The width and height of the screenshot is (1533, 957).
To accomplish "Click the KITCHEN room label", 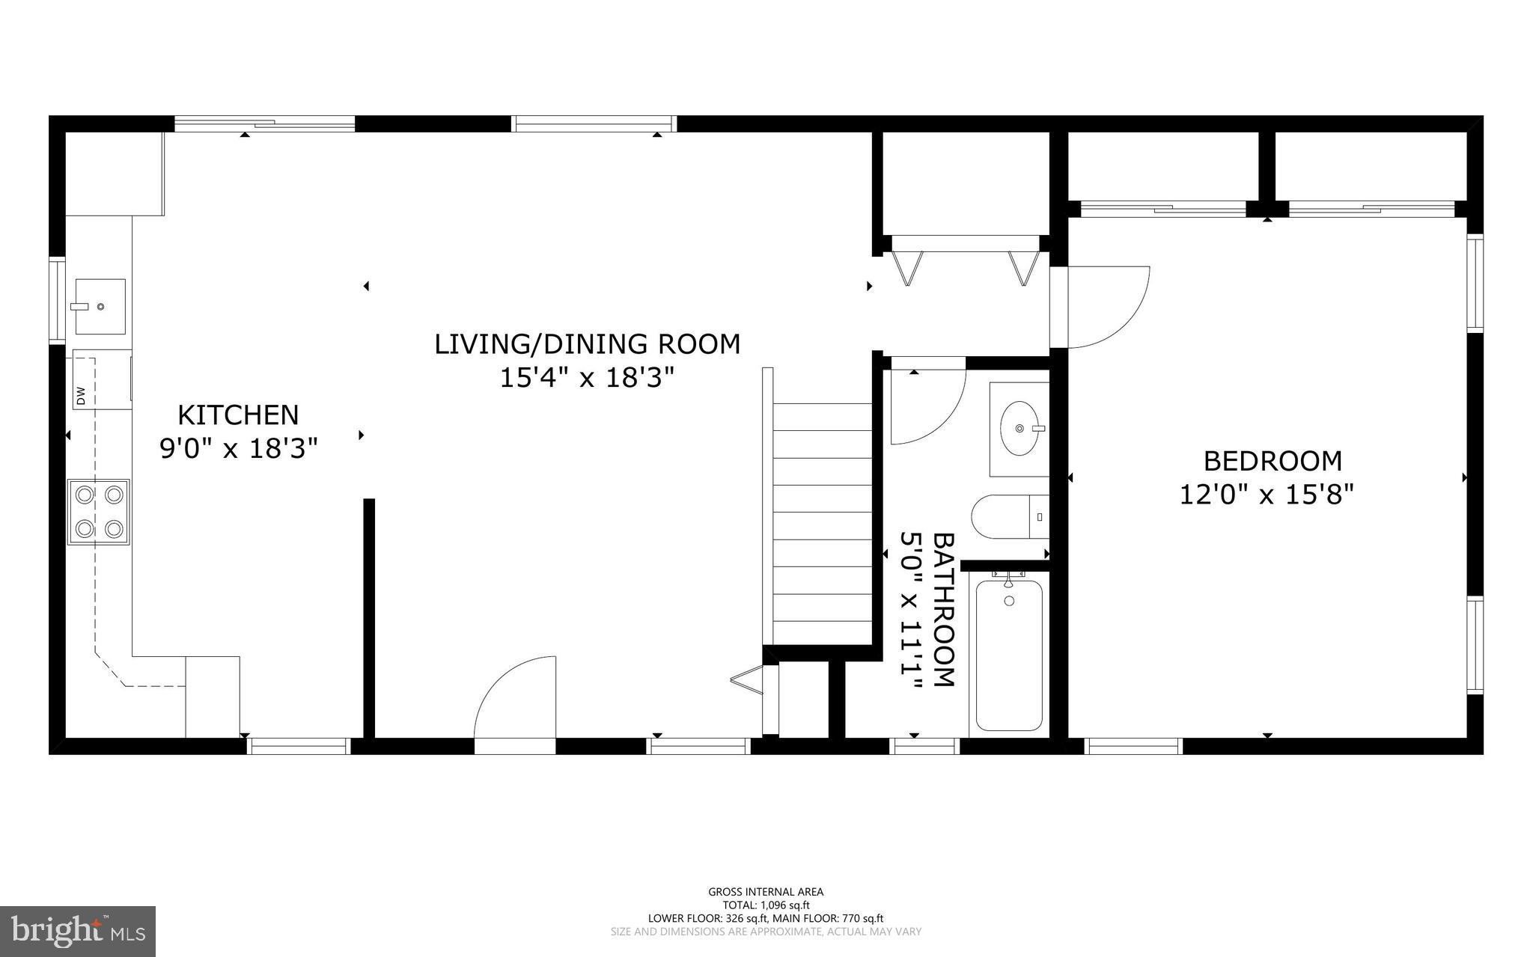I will click(238, 415).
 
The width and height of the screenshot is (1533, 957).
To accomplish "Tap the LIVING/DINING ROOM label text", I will click(588, 344).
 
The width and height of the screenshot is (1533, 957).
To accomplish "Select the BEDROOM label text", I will click(1273, 461).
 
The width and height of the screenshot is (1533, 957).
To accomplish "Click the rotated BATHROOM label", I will click(945, 609).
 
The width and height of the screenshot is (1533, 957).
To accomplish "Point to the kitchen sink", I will click(100, 306).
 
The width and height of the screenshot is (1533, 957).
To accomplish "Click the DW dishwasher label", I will click(81, 395).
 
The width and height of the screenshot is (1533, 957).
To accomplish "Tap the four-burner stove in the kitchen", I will click(99, 512).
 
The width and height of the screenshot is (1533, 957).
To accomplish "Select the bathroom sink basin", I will click(1020, 429).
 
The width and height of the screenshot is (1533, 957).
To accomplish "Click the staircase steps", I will click(822, 524).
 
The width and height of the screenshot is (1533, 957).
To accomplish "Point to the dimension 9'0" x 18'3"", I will click(239, 449).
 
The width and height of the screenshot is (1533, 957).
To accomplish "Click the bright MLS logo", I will click(78, 931).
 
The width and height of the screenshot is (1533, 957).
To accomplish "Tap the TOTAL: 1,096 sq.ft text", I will click(766, 905).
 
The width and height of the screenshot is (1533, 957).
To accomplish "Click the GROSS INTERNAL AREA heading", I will click(766, 891).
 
